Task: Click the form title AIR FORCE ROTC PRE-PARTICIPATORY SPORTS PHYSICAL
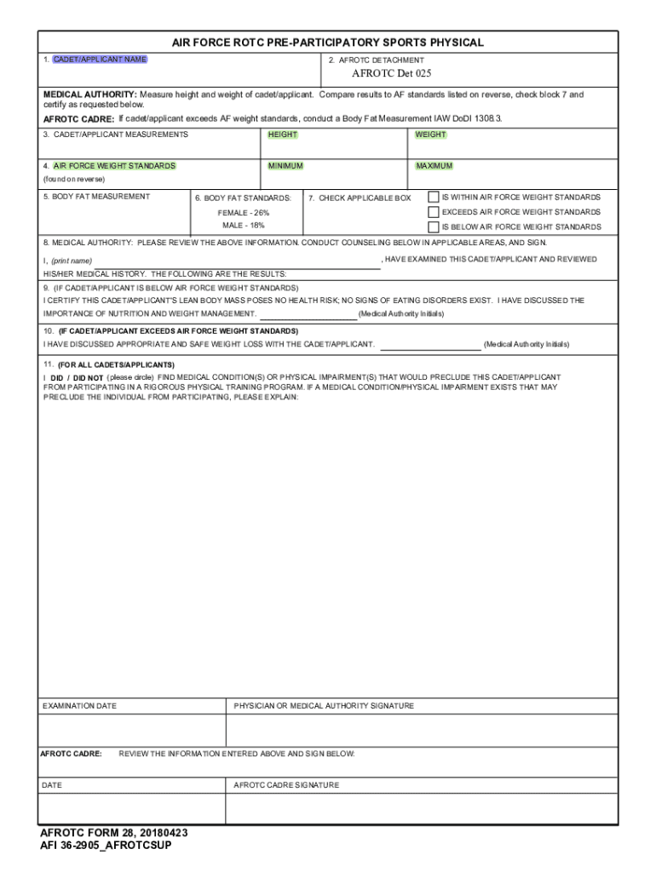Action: pyautogui.click(x=328, y=42)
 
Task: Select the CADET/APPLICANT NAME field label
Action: pyautogui.click(x=100, y=60)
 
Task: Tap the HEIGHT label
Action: pyautogui.click(x=282, y=135)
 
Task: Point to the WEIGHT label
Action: pyautogui.click(x=430, y=135)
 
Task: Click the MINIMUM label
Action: pyautogui.click(x=285, y=166)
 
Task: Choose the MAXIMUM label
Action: pyautogui.click(x=434, y=166)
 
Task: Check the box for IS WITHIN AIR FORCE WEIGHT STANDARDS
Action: pyautogui.click(x=434, y=197)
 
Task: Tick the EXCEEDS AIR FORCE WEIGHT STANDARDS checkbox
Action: pyautogui.click(x=434, y=211)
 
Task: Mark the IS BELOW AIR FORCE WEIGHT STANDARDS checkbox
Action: pyautogui.click(x=434, y=227)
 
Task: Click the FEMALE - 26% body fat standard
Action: pyautogui.click(x=244, y=212)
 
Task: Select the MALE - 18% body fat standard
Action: pyautogui.click(x=244, y=226)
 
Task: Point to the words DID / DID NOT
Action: pyautogui.click(x=77, y=377)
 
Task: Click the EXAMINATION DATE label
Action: pyautogui.click(x=79, y=706)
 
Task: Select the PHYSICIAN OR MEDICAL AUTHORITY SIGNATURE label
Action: pyautogui.click(x=324, y=706)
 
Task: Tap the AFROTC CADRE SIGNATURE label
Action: pyautogui.click(x=286, y=785)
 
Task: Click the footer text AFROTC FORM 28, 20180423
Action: pyautogui.click(x=114, y=833)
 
